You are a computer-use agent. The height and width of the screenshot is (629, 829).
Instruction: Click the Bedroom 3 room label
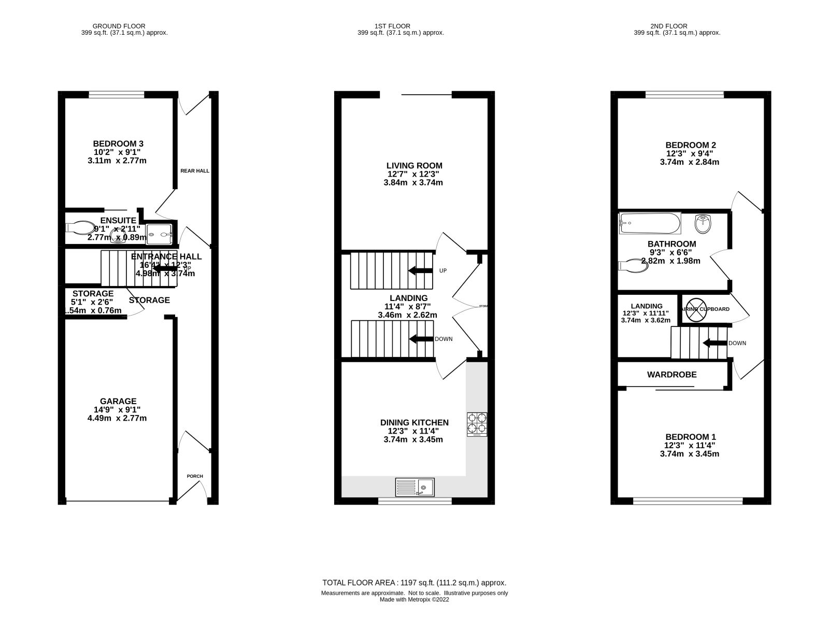[118, 144]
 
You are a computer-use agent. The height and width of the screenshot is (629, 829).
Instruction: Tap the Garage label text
[119, 401]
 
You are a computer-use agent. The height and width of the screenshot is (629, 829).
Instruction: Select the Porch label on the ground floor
[195, 476]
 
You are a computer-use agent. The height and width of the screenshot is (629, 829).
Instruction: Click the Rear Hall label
[195, 170]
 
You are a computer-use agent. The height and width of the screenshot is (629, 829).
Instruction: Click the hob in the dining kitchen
[477, 423]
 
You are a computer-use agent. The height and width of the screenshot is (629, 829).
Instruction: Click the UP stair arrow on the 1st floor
[420, 270]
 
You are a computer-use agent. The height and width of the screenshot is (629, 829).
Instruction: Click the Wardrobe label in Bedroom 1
[671, 375]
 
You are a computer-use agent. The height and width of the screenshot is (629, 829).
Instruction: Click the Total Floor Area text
[414, 583]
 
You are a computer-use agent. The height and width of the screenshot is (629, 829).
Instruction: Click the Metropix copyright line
[414, 600]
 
